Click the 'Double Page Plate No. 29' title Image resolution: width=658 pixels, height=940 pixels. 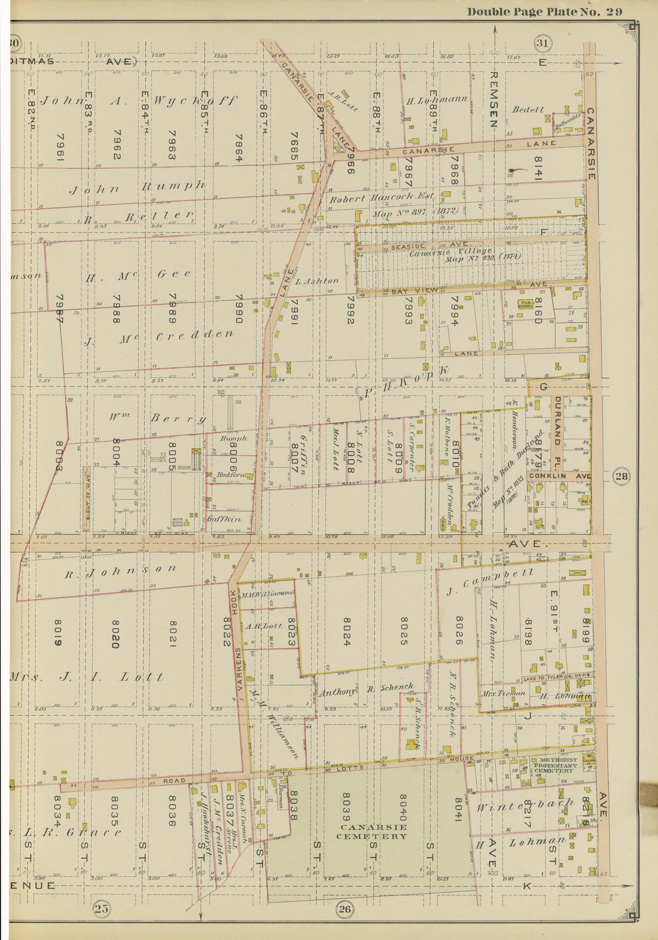point(544,11)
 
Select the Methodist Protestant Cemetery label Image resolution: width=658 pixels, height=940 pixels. point(556,765)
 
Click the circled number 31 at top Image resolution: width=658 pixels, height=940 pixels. point(543,43)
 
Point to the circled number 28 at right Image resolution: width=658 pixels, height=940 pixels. point(622,476)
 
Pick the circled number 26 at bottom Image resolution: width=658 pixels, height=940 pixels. point(345,909)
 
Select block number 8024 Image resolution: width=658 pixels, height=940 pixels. point(346,632)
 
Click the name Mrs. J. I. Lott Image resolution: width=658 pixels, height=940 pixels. point(87,677)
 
